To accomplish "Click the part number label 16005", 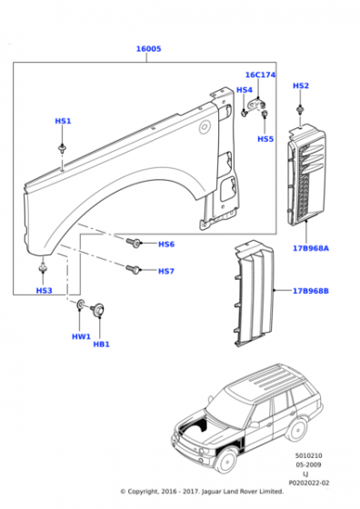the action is tap(148, 49).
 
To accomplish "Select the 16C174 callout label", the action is tap(260, 75).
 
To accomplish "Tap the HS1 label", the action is tap(63, 121).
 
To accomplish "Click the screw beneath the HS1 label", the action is tap(61, 148).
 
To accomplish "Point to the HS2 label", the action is tap(301, 85).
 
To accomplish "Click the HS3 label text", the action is tap(45, 291).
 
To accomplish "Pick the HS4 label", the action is tap(245, 90).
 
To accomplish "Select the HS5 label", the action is tap(265, 139).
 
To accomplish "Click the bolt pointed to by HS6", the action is tap(134, 243).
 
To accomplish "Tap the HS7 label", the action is tap(166, 271).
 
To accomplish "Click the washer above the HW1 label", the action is tap(80, 304).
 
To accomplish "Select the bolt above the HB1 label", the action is tap(97, 308).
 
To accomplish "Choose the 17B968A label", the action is tap(311, 248).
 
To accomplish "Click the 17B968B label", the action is tap(311, 291).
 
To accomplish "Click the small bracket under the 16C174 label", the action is tap(256, 105).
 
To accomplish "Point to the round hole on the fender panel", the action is tap(205, 126).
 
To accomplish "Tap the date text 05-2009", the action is tap(308, 464).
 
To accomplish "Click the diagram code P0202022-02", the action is tap(309, 483).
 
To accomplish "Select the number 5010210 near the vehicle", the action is tap(309, 455).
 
